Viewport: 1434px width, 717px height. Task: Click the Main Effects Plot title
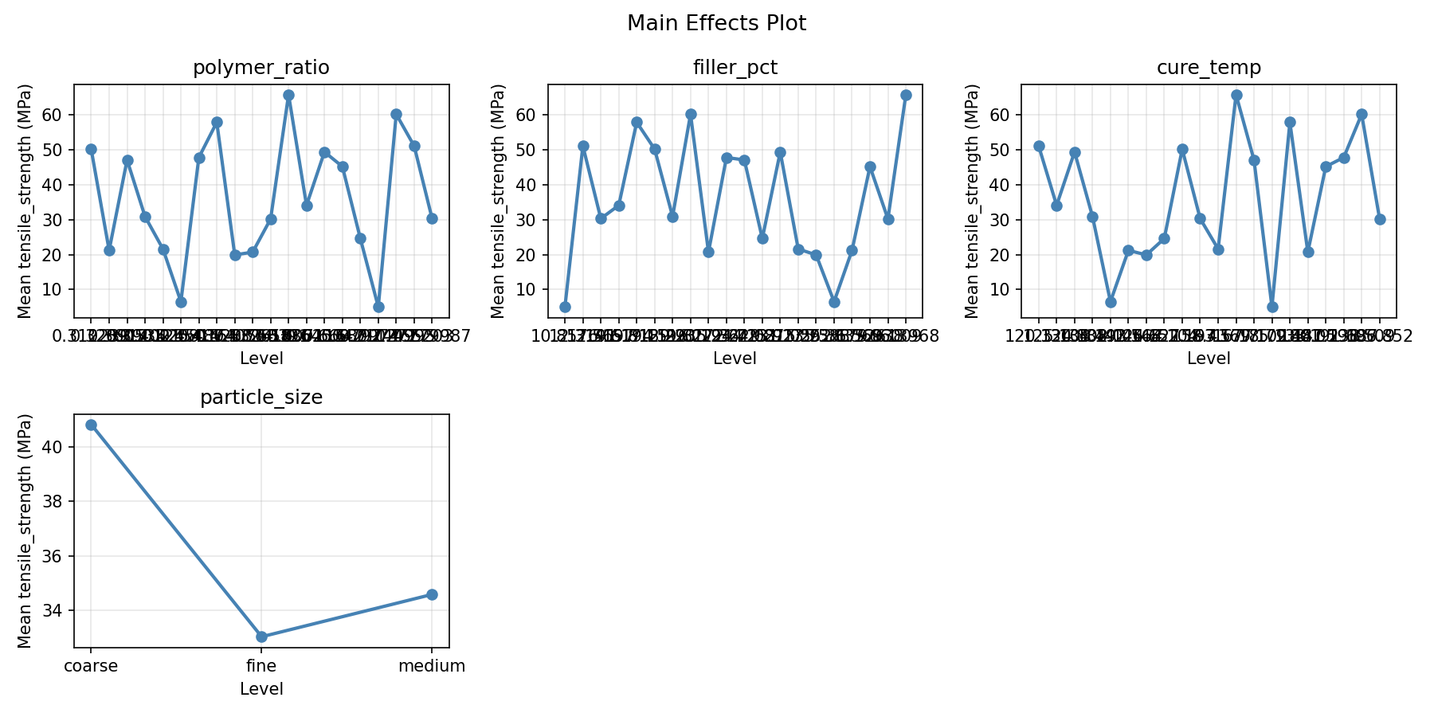point(716,23)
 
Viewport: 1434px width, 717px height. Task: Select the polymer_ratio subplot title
point(261,68)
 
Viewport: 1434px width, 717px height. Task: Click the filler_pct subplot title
point(735,68)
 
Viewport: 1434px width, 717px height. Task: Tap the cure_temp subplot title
point(1209,68)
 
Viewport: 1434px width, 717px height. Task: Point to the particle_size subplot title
point(261,398)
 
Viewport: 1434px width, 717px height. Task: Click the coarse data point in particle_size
point(91,425)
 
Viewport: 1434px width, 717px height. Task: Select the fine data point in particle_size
point(261,637)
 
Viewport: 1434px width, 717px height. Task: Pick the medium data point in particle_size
point(432,594)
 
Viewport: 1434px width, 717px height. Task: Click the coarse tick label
point(91,666)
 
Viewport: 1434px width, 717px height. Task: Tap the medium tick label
point(432,666)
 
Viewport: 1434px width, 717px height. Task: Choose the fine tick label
point(261,666)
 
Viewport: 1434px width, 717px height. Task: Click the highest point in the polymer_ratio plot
point(288,95)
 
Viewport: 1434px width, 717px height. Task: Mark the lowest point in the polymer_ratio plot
point(378,307)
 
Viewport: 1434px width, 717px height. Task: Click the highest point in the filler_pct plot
point(906,95)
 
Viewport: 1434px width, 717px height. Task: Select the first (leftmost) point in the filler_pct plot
point(565,307)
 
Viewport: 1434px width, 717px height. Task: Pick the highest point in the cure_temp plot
point(1236,95)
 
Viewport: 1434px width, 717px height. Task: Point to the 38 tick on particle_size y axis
point(57,502)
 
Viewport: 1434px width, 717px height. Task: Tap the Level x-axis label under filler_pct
point(735,358)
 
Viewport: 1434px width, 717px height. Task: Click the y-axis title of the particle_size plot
point(25,531)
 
